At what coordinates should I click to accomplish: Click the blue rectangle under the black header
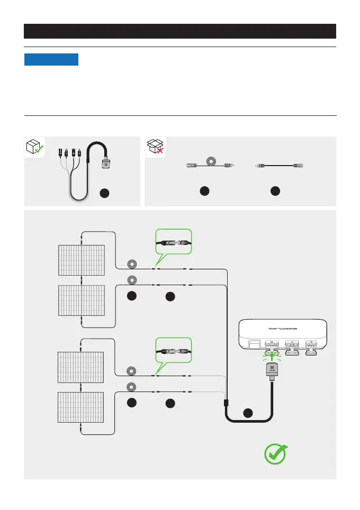[x=51, y=59]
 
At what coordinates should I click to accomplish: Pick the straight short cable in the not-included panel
[x=275, y=165]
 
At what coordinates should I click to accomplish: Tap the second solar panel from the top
[x=82, y=300]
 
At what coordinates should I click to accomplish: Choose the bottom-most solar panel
[x=82, y=407]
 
